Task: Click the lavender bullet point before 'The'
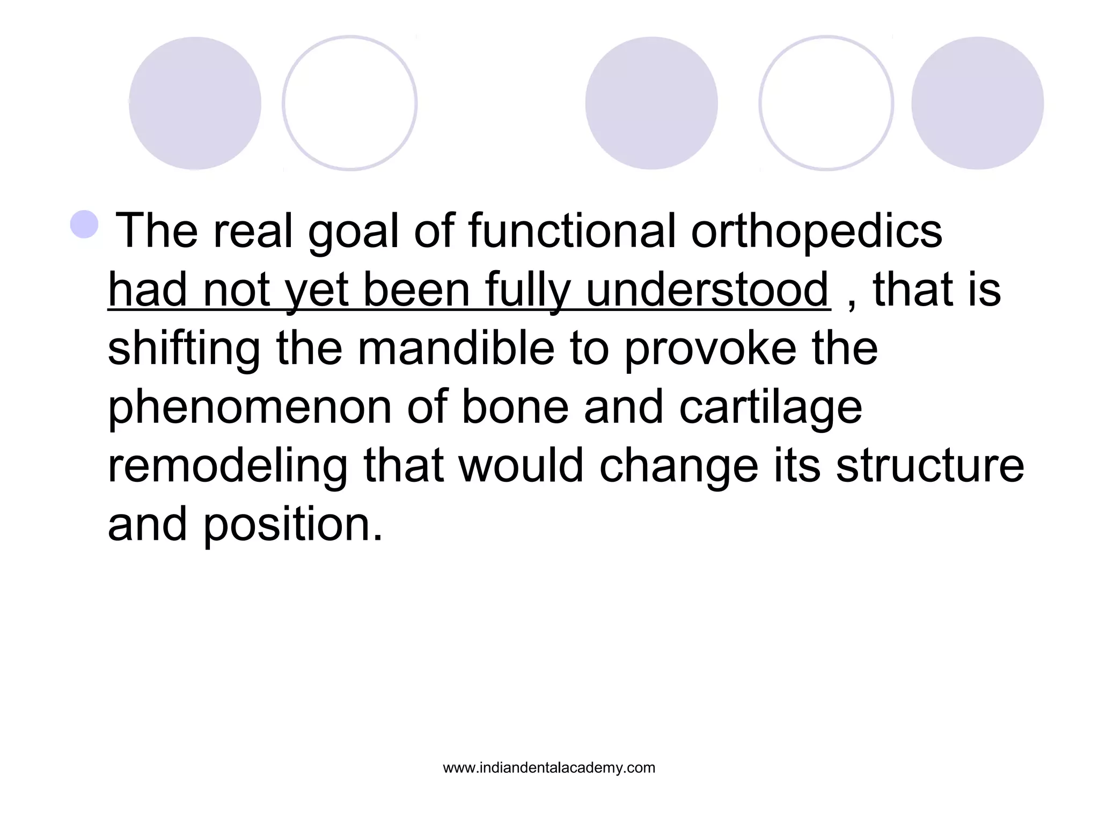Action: pyautogui.click(x=84, y=224)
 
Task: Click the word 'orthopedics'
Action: pyautogui.click(x=816, y=231)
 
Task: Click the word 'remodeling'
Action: pyautogui.click(x=228, y=466)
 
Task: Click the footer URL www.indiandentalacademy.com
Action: pyautogui.click(x=549, y=768)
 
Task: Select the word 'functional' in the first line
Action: pyautogui.click(x=572, y=231)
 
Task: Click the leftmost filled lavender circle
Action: pyautogui.click(x=195, y=103)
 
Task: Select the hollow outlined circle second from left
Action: pyautogui.click(x=350, y=103)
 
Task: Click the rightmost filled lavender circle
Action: pyautogui.click(x=977, y=103)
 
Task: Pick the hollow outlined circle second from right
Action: pyautogui.click(x=826, y=103)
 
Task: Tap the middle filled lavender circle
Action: pyautogui.click(x=651, y=103)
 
